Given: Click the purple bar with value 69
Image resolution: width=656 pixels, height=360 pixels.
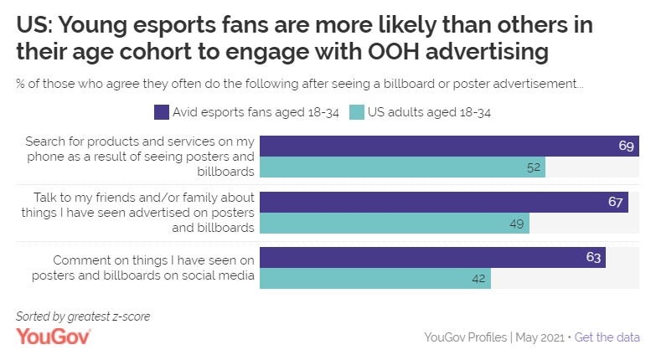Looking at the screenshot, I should (448, 146).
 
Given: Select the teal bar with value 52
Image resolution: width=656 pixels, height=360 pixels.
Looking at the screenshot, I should (402, 167).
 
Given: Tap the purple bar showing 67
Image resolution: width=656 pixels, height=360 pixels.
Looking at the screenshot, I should (443, 202).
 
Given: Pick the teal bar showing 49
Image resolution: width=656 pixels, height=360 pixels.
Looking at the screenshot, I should (394, 223).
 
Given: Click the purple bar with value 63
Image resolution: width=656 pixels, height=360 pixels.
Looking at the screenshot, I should (432, 258).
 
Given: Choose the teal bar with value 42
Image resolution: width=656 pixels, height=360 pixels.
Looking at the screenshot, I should (374, 279).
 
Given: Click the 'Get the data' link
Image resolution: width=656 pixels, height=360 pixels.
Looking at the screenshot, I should (607, 337).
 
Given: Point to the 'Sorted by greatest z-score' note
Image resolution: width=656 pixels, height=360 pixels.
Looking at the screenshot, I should (83, 316).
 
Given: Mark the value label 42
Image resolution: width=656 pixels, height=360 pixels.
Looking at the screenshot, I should (479, 279).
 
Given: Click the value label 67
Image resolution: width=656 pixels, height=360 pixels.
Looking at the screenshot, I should (616, 202).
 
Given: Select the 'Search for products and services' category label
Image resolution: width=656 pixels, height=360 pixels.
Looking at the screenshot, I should (139, 157).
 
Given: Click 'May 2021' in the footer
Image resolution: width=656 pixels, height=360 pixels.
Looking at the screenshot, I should (539, 337).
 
